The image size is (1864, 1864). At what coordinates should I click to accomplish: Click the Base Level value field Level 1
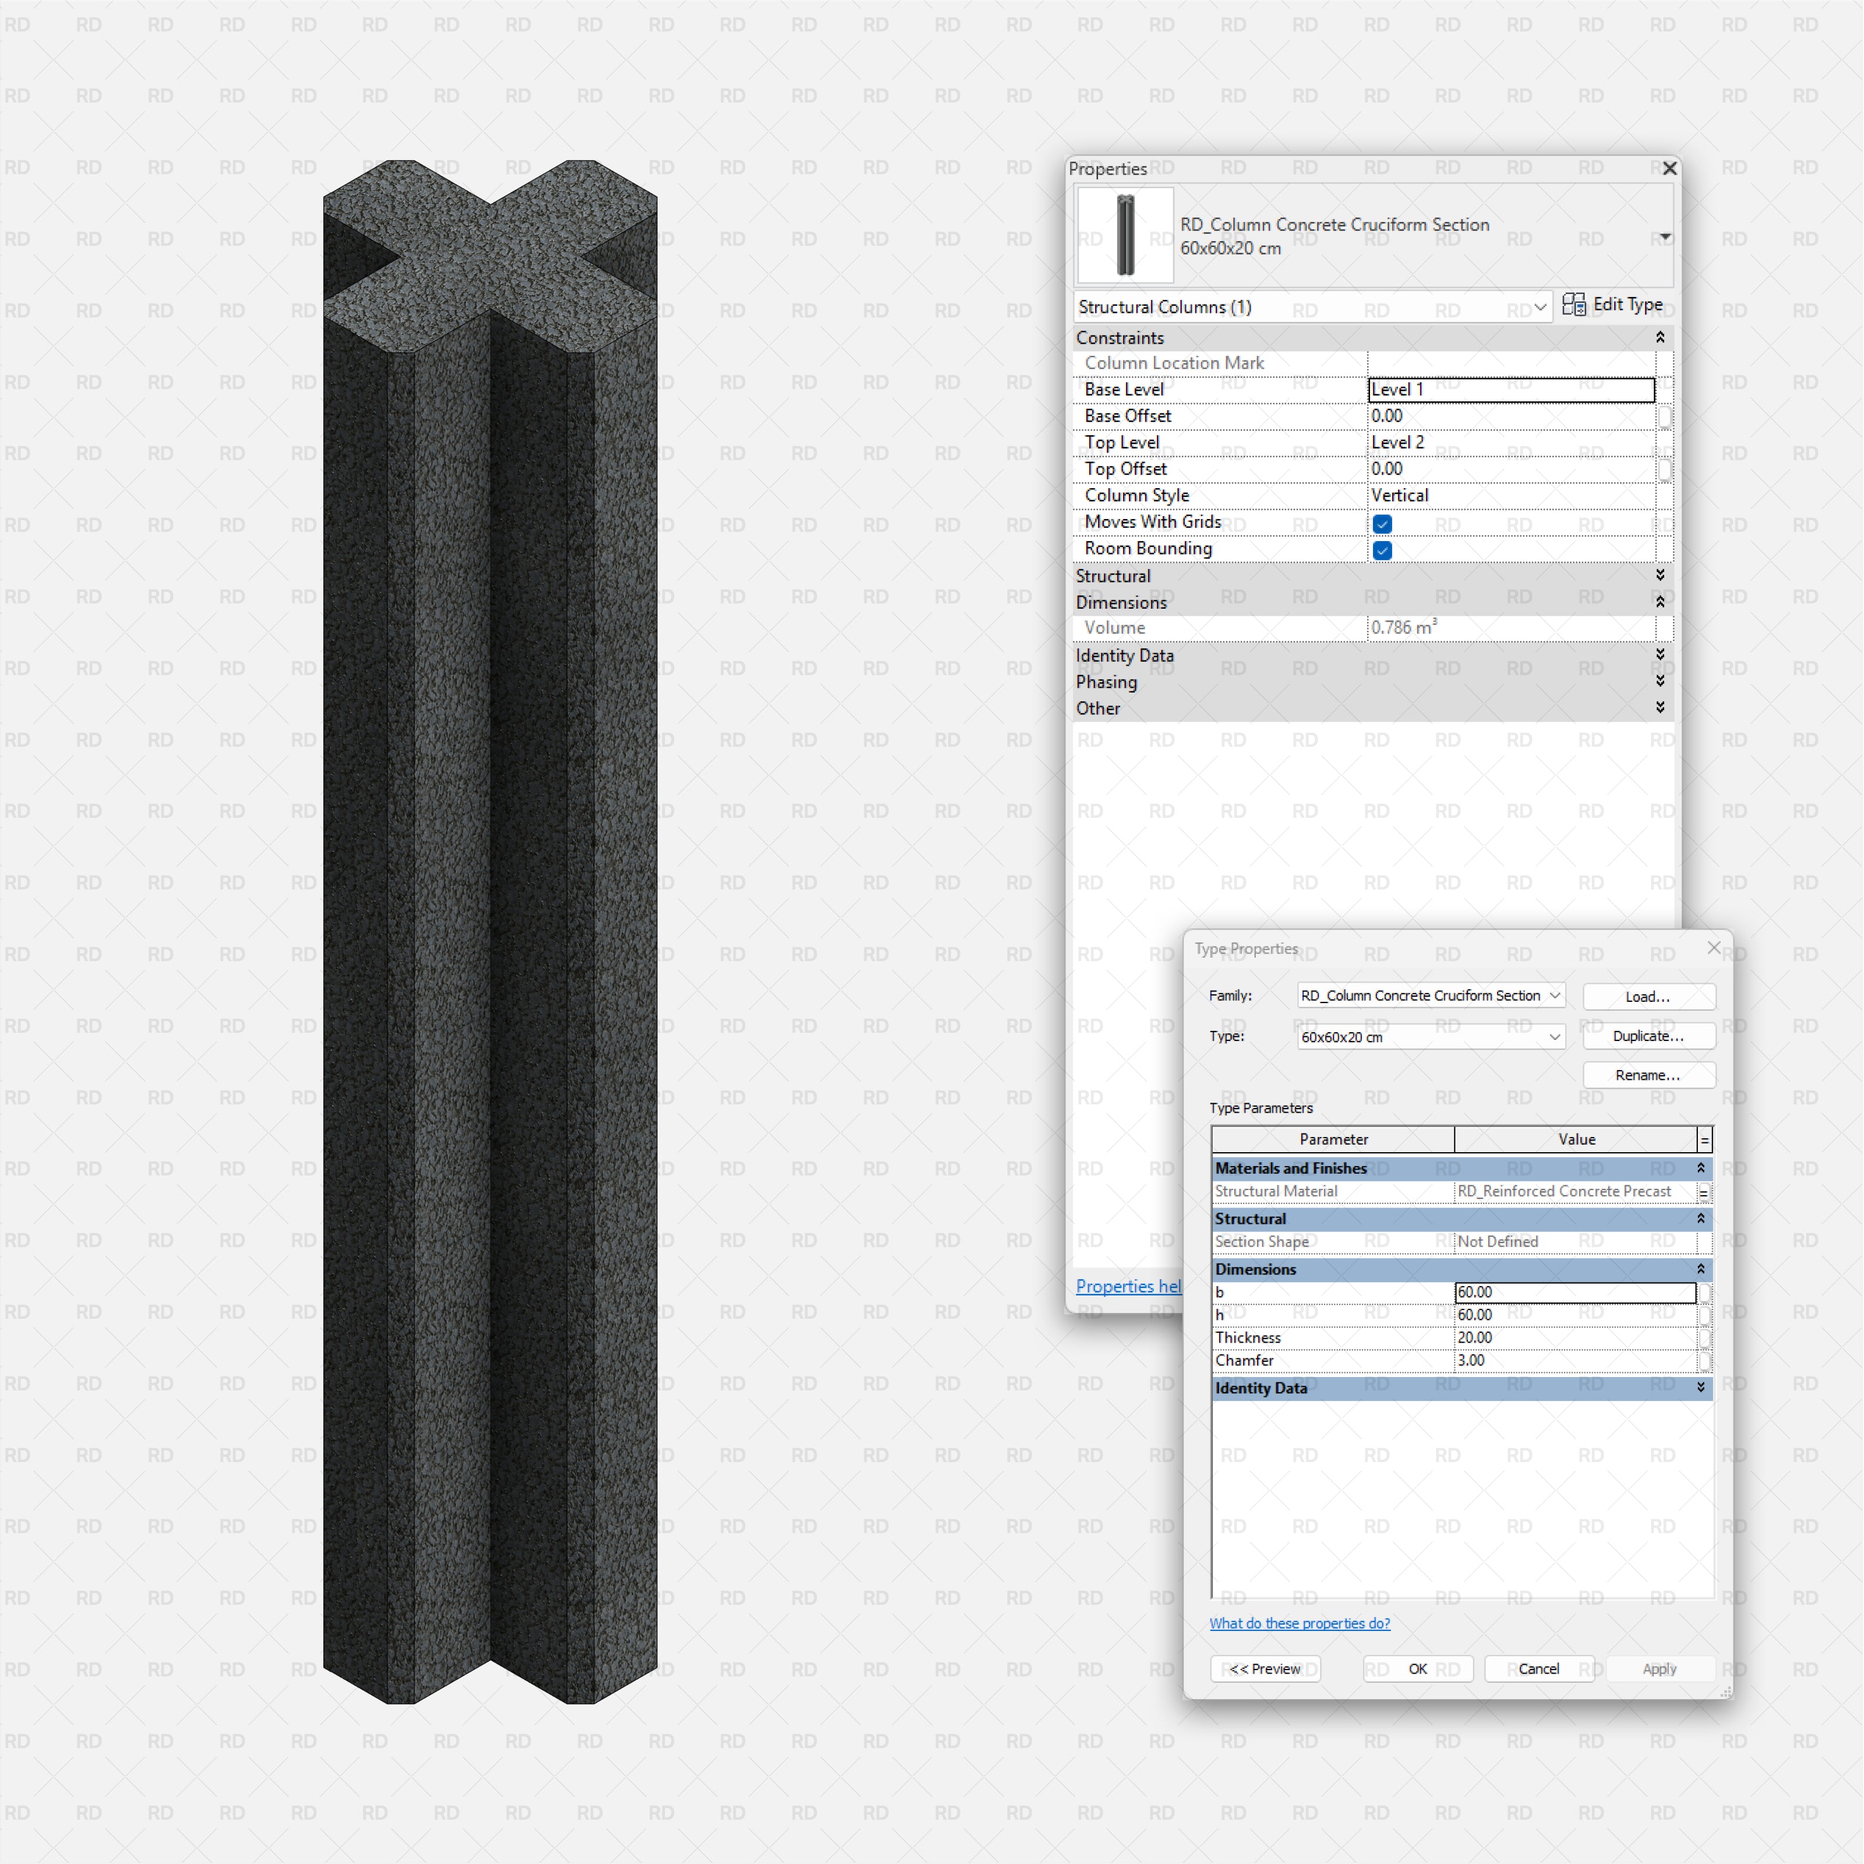click(x=1510, y=390)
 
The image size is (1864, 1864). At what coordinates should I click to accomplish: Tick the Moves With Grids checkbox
click(x=1382, y=524)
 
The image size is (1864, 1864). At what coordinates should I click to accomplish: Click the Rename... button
click(x=1648, y=1075)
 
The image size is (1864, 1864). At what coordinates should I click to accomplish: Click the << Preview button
click(x=1265, y=1669)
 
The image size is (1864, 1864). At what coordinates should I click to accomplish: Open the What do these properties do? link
click(x=1300, y=1624)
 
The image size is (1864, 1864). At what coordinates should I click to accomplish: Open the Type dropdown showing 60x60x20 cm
click(x=1431, y=1037)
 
